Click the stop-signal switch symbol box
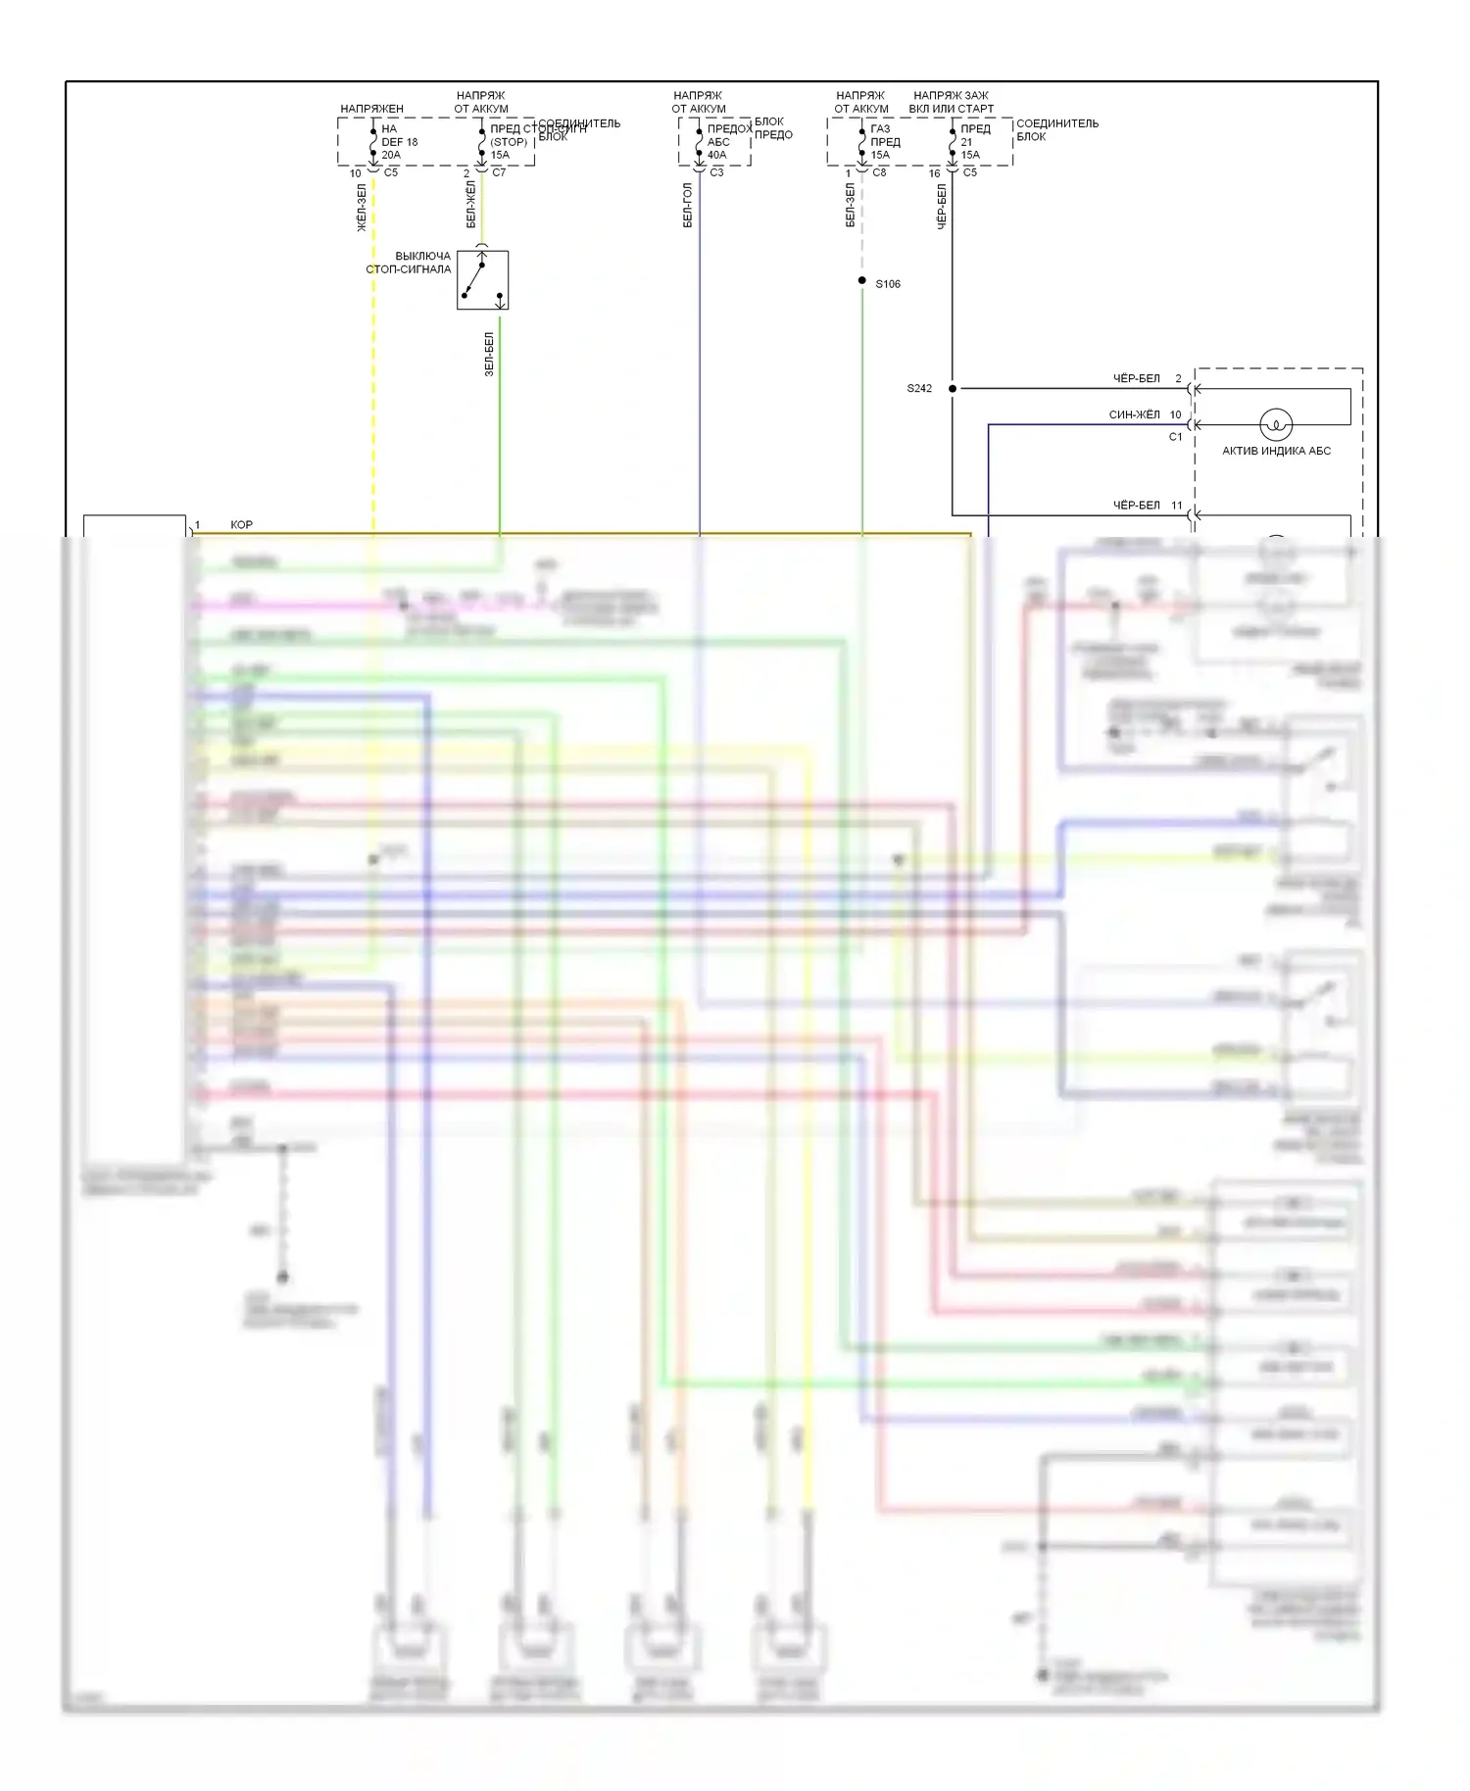coord(482,280)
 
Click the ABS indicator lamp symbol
coord(1275,424)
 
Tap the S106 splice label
coord(888,284)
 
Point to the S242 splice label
coord(919,389)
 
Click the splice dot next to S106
coord(862,281)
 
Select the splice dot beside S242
coord(953,389)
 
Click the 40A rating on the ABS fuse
coord(717,155)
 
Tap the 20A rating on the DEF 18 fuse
coord(391,155)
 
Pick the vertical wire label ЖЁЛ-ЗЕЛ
coord(362,207)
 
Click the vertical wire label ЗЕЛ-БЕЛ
coord(489,354)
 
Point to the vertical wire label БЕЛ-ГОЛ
coord(687,205)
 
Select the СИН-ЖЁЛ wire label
coord(1134,414)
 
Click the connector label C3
coord(716,172)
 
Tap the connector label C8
coord(879,172)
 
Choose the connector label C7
coord(499,172)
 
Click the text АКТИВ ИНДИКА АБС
coord(1276,451)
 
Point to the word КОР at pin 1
coord(241,525)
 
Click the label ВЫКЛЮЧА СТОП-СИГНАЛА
coord(409,263)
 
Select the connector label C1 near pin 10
coord(1175,437)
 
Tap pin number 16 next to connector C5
coord(934,173)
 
